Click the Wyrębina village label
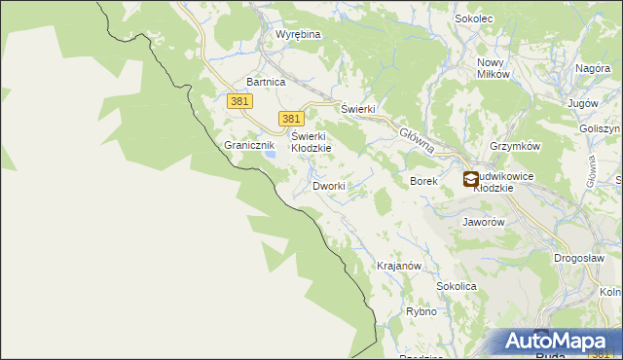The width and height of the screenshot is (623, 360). click(298, 34)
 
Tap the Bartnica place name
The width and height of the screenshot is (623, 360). click(266, 83)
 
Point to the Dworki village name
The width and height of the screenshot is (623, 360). click(328, 185)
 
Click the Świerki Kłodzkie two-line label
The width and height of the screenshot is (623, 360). click(311, 142)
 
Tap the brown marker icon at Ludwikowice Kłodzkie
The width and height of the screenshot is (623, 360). click(470, 178)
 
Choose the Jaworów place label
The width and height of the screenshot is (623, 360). click(483, 222)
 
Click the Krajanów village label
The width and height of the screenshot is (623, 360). click(398, 266)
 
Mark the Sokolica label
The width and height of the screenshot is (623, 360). click(456, 287)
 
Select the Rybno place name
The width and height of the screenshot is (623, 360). click(421, 312)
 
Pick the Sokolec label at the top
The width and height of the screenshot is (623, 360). click(476, 18)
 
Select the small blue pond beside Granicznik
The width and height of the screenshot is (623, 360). click(273, 154)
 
